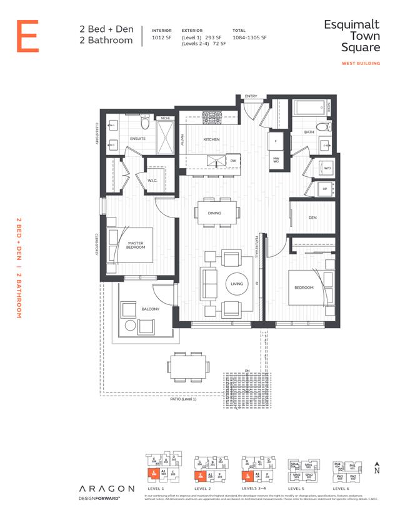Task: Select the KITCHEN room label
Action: (209, 140)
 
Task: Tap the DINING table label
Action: (214, 213)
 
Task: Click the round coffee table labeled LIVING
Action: (237, 284)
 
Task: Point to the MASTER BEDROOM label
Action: (136, 245)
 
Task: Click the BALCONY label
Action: (150, 309)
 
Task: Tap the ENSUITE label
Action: (137, 138)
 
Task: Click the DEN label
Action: (312, 217)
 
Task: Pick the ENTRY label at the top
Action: (251, 96)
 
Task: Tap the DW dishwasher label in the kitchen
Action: (232, 161)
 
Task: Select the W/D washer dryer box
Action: (327, 167)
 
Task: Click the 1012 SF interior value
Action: (161, 37)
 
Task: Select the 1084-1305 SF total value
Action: (249, 37)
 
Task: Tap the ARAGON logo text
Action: (106, 488)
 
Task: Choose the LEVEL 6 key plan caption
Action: (341, 488)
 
